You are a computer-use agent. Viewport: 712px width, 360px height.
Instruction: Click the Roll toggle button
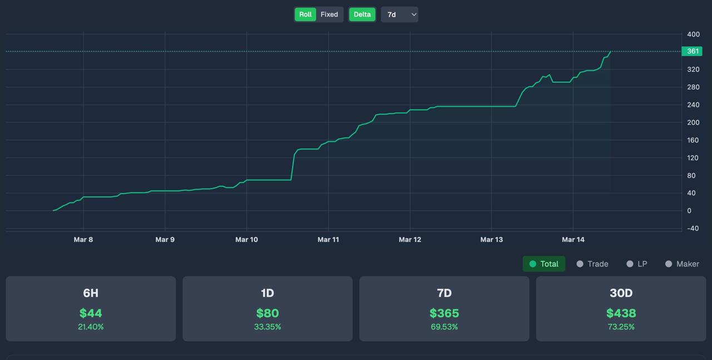pos(305,14)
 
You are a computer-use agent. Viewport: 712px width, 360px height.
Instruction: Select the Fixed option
pos(329,14)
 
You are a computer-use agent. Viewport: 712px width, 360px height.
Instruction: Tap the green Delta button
pos(362,14)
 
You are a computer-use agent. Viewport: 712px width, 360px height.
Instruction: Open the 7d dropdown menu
pos(399,14)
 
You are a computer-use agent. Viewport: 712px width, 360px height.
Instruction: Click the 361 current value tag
pos(692,51)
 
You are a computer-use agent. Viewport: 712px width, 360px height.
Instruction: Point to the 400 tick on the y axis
pos(693,34)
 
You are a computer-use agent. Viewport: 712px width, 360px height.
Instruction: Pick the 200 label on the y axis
pos(693,122)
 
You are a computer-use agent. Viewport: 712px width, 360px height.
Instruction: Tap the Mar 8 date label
pos(83,239)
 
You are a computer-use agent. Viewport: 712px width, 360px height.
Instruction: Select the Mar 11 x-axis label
pos(328,239)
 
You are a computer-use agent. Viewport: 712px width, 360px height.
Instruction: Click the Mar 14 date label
pos(573,239)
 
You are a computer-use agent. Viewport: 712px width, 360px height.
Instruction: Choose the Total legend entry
pos(544,264)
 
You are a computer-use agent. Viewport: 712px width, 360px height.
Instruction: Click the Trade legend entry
pos(592,264)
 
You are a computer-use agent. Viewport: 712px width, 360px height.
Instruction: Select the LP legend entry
pos(637,264)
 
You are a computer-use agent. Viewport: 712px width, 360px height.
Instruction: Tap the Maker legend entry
pos(682,264)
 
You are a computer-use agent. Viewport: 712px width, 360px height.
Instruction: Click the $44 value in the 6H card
pos(91,313)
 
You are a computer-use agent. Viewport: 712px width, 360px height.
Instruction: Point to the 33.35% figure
pos(268,327)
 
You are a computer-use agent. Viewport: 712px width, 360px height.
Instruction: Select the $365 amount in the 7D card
pos(444,313)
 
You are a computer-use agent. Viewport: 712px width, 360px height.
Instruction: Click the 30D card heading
pos(621,293)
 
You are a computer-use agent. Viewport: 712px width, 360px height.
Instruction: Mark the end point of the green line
pos(611,51)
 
